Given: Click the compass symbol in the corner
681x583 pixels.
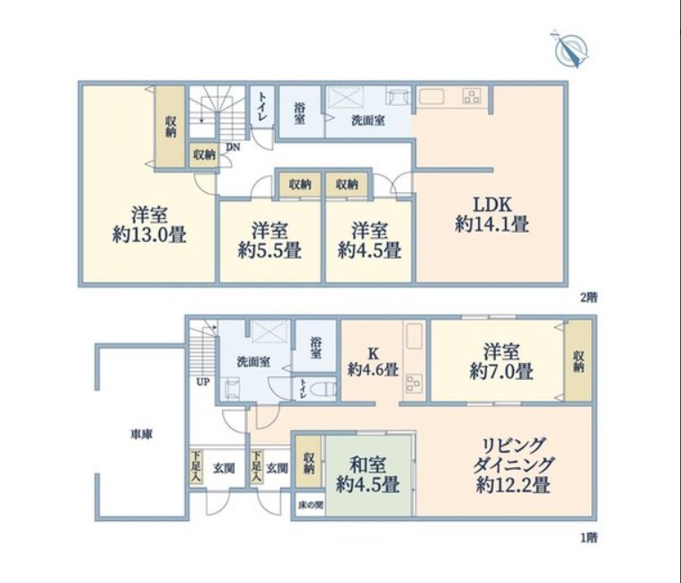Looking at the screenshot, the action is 572,49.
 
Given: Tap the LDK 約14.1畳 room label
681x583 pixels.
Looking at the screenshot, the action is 491,214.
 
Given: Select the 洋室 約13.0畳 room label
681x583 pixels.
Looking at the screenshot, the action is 149,225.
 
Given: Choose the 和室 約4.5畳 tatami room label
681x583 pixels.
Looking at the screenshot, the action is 367,475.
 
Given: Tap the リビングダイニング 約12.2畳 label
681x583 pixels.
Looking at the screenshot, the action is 513,465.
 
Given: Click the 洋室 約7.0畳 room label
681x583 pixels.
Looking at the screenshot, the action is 501,361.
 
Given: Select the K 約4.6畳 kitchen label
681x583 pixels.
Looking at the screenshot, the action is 373,362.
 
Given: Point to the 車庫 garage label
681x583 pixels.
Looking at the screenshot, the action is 142,434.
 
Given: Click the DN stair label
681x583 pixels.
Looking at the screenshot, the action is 233,147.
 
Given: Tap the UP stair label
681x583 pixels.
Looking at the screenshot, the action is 203,382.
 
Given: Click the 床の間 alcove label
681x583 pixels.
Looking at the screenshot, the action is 311,505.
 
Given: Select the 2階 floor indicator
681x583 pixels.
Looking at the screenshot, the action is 589,297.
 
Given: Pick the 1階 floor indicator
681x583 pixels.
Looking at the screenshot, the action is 589,538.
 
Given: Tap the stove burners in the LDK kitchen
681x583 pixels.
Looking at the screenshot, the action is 472,96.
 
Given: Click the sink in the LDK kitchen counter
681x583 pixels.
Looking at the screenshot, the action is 430,95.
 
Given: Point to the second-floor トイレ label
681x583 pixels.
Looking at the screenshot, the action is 262,107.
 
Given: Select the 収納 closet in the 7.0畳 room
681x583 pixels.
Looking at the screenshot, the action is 579,360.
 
